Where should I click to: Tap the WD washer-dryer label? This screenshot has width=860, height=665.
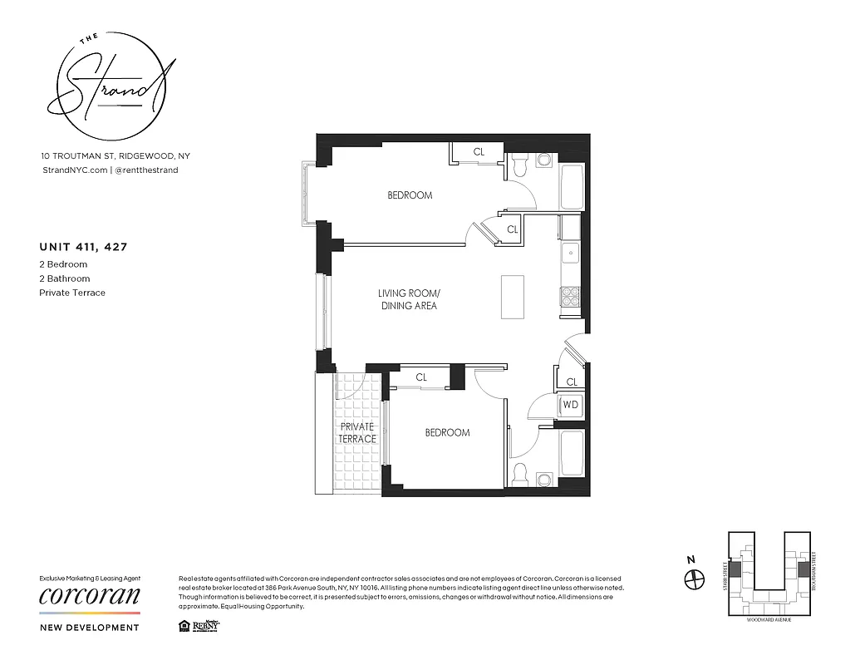571,405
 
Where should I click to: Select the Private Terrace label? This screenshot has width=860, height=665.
357,432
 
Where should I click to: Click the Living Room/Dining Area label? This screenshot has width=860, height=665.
407,299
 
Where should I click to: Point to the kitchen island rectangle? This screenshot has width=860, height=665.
513,296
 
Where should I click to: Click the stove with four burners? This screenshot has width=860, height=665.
571,297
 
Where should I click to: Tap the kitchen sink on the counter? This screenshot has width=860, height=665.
571,254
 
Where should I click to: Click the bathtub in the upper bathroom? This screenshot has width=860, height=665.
573,186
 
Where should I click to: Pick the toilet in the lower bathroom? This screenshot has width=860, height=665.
521,475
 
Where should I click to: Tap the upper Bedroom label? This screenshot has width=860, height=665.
410,195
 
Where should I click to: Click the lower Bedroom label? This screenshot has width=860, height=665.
447,432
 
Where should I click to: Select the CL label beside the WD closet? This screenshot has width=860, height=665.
572,382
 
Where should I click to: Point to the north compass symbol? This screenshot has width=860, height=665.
694,579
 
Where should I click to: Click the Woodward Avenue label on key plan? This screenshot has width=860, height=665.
769,619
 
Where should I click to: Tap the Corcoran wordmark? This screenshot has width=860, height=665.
90,596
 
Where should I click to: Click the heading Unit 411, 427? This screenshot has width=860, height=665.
83,246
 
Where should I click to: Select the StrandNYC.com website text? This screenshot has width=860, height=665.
75,170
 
